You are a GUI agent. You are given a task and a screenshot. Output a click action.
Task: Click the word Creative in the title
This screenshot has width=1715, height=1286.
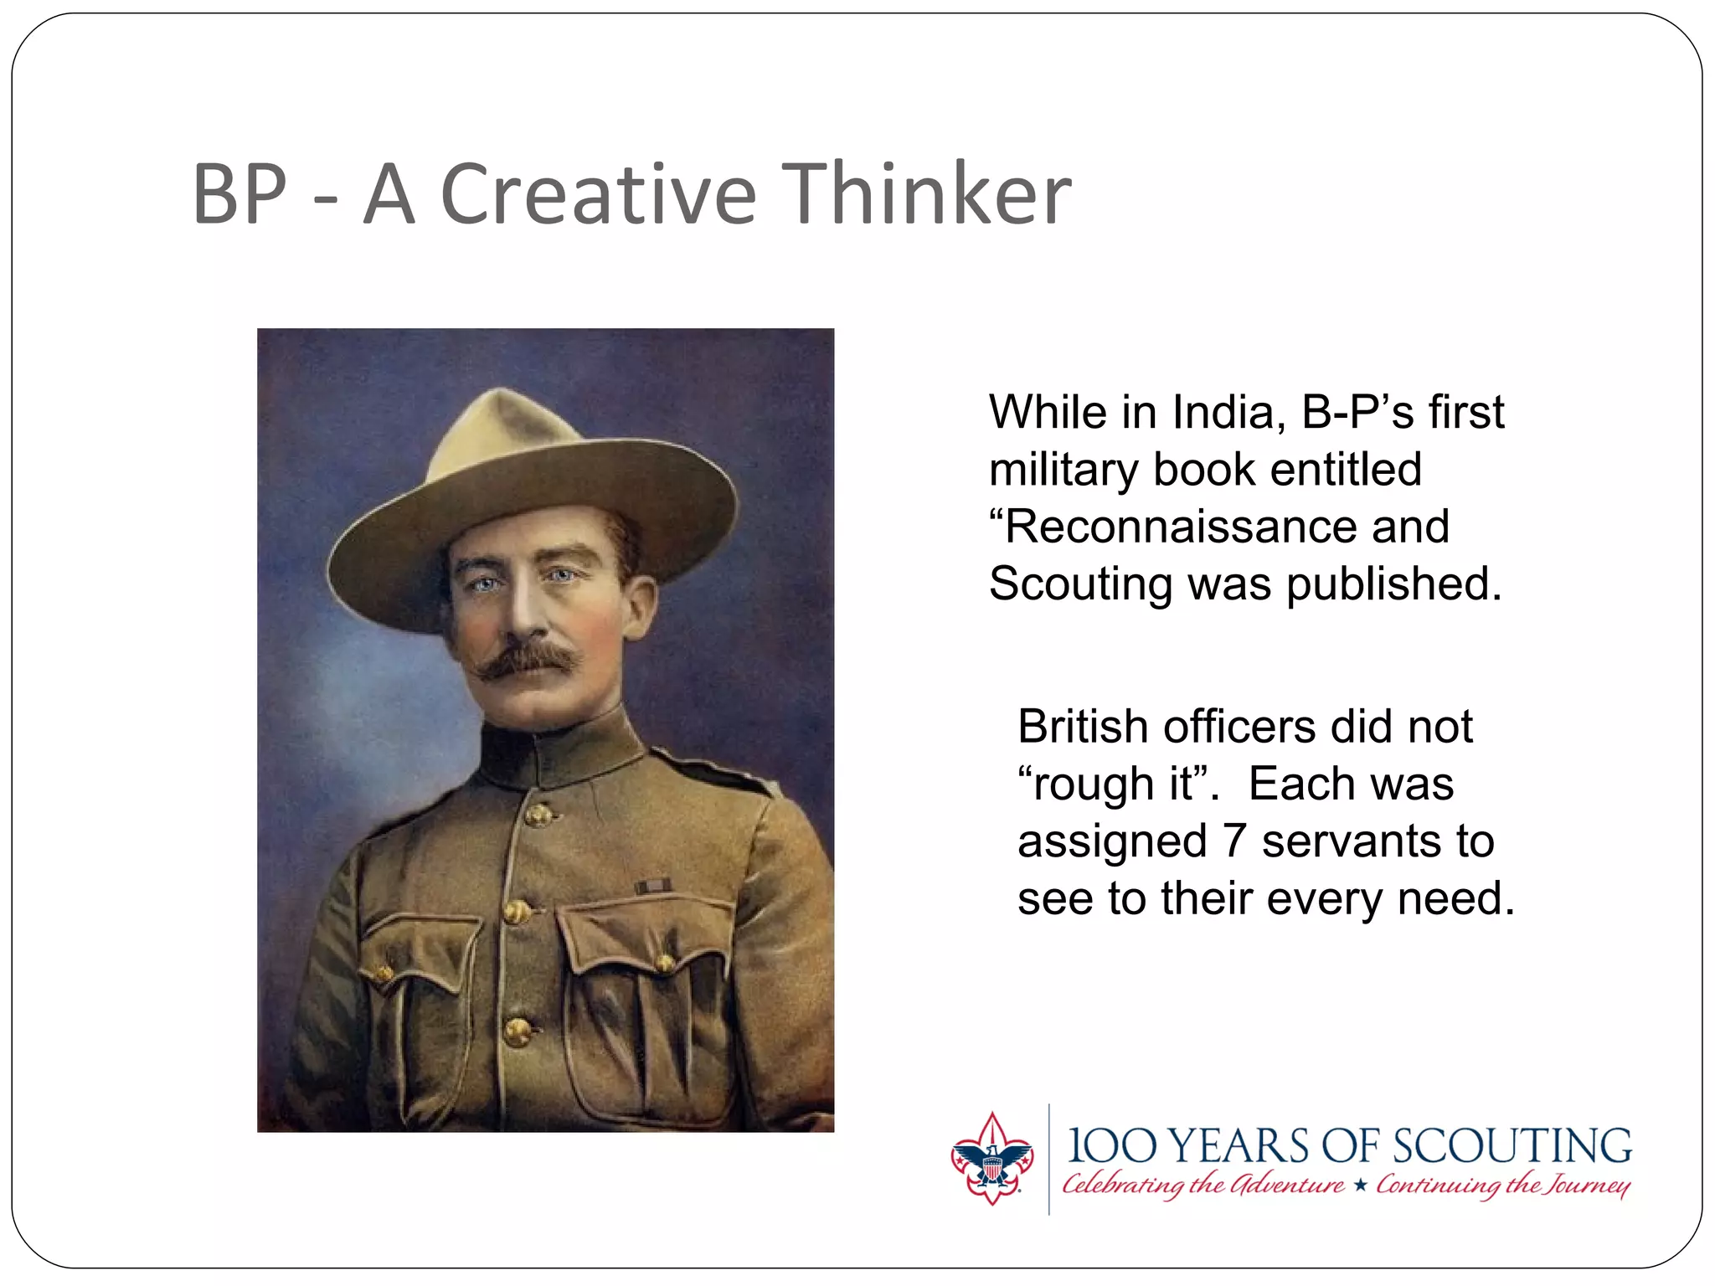598,194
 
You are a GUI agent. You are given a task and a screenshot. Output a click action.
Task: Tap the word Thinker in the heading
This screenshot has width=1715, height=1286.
925,194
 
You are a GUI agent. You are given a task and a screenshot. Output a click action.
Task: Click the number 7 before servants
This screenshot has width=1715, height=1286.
1235,841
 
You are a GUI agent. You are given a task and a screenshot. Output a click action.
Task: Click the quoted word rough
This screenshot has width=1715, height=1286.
1089,784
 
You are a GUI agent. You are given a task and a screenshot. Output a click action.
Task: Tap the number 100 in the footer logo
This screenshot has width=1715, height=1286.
1110,1146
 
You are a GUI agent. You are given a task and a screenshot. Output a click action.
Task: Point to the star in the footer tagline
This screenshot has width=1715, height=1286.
1361,1185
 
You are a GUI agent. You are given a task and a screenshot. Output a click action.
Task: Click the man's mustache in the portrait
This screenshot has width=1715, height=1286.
528,658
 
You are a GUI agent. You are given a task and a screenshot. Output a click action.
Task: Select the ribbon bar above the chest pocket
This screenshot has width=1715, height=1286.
652,886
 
